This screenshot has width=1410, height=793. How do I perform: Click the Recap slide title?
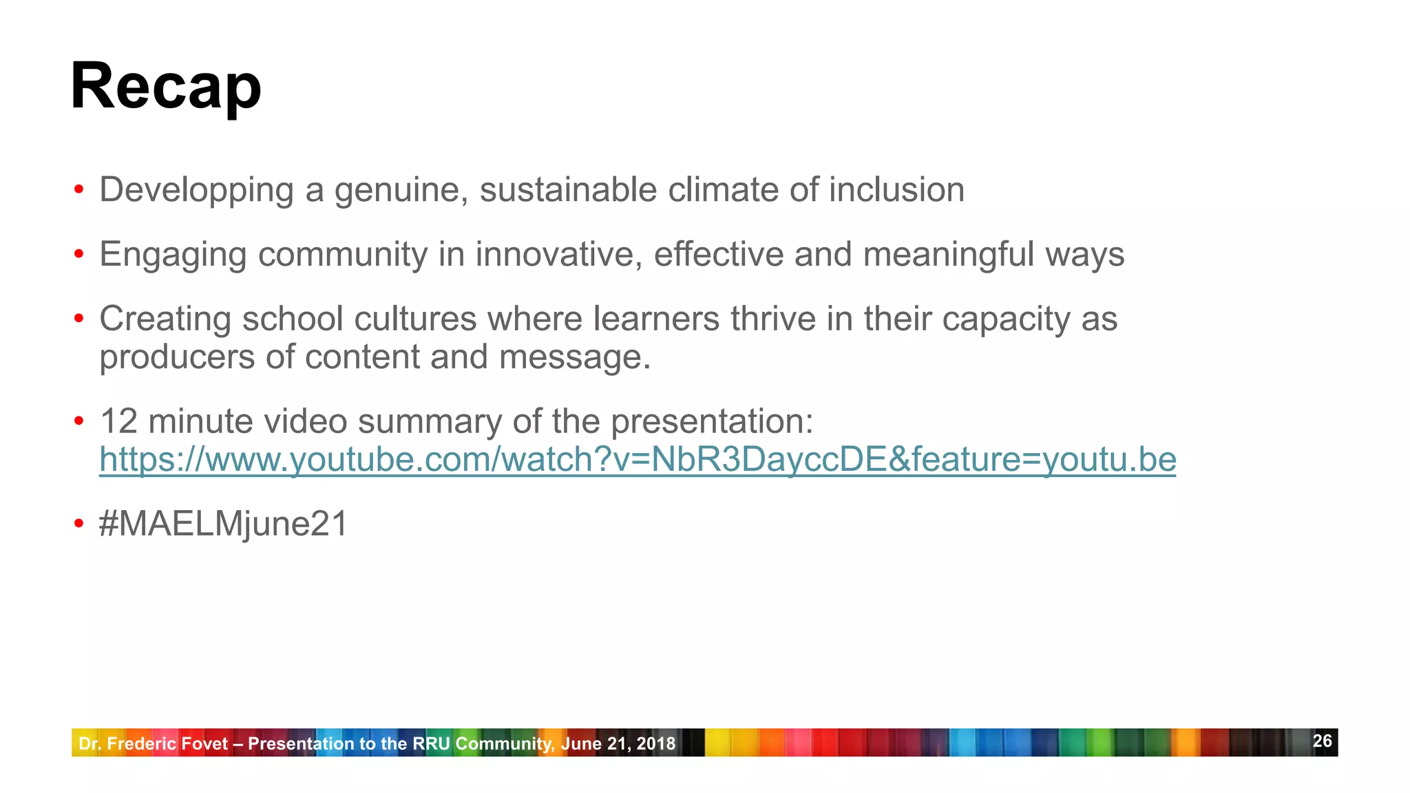click(x=166, y=87)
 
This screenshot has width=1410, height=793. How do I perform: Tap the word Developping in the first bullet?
click(x=196, y=190)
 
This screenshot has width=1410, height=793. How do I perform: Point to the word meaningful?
click(x=949, y=255)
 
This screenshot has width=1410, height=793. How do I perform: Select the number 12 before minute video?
click(x=118, y=421)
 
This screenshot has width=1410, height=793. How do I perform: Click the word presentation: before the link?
click(x=712, y=421)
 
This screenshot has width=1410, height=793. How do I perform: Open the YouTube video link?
click(x=638, y=460)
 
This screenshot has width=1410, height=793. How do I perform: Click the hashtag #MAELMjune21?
click(x=224, y=524)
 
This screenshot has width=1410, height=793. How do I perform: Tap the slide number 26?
click(x=1322, y=741)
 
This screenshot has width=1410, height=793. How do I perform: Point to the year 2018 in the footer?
click(x=656, y=743)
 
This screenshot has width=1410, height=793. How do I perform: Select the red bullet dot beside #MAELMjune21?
click(x=79, y=524)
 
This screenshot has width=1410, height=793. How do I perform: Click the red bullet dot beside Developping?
click(x=79, y=190)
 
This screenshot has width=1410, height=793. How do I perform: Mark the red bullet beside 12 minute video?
click(x=79, y=421)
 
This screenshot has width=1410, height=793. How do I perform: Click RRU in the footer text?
click(x=432, y=743)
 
